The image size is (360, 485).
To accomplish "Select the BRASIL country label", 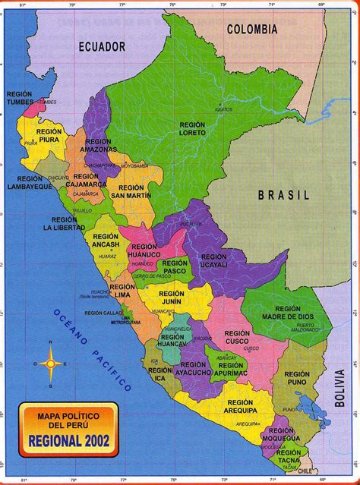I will pyautogui.click(x=284, y=195).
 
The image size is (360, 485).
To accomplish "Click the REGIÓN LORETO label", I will pyautogui.click(x=192, y=128).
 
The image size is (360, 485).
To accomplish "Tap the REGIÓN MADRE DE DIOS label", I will pyautogui.click(x=288, y=313).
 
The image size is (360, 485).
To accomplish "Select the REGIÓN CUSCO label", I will pyautogui.click(x=237, y=337).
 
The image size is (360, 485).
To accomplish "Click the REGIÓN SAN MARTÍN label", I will pyautogui.click(x=131, y=191).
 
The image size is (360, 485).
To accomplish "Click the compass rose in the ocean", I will pyautogui.click(x=52, y=363).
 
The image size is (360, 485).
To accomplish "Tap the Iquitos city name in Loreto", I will pyautogui.click(x=200, y=109).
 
